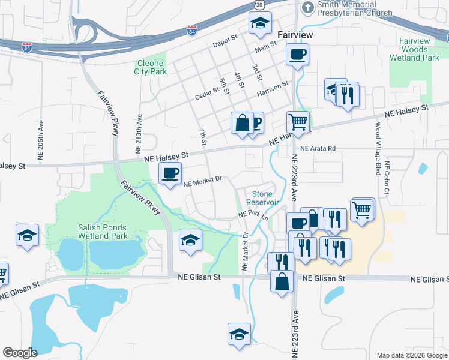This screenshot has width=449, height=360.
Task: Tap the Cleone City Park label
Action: pyautogui.click(x=150, y=67)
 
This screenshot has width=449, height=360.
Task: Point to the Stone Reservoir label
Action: pyautogui.click(x=262, y=198)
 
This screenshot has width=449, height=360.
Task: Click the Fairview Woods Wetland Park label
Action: pyautogui.click(x=414, y=50)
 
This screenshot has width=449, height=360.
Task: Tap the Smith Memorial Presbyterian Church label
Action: pyautogui.click(x=354, y=8)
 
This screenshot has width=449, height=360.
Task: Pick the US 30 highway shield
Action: pyautogui.click(x=258, y=4)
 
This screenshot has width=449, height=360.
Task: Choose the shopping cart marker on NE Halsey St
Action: pyautogui.click(x=298, y=122)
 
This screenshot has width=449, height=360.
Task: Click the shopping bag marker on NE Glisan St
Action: pyautogui.click(x=282, y=280)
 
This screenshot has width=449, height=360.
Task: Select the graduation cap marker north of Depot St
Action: pyautogui.click(x=260, y=23)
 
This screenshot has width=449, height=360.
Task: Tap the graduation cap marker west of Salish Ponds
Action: pyautogui.click(x=27, y=235)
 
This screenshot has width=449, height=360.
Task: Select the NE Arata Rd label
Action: pyautogui.click(x=319, y=148)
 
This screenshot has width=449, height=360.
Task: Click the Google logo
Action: pyautogui.click(x=20, y=352)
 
